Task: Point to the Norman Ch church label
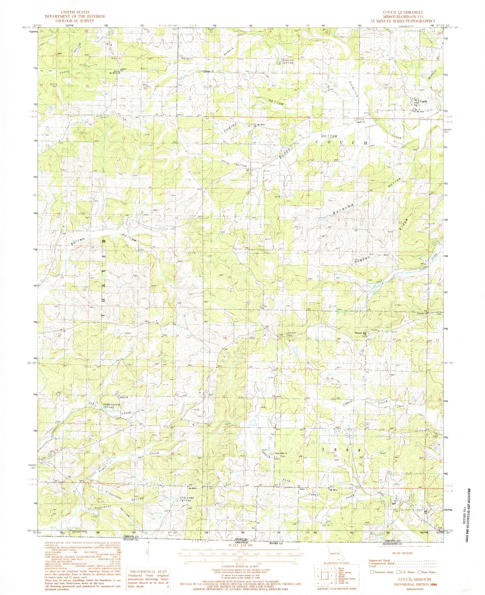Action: [x=208, y=72]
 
